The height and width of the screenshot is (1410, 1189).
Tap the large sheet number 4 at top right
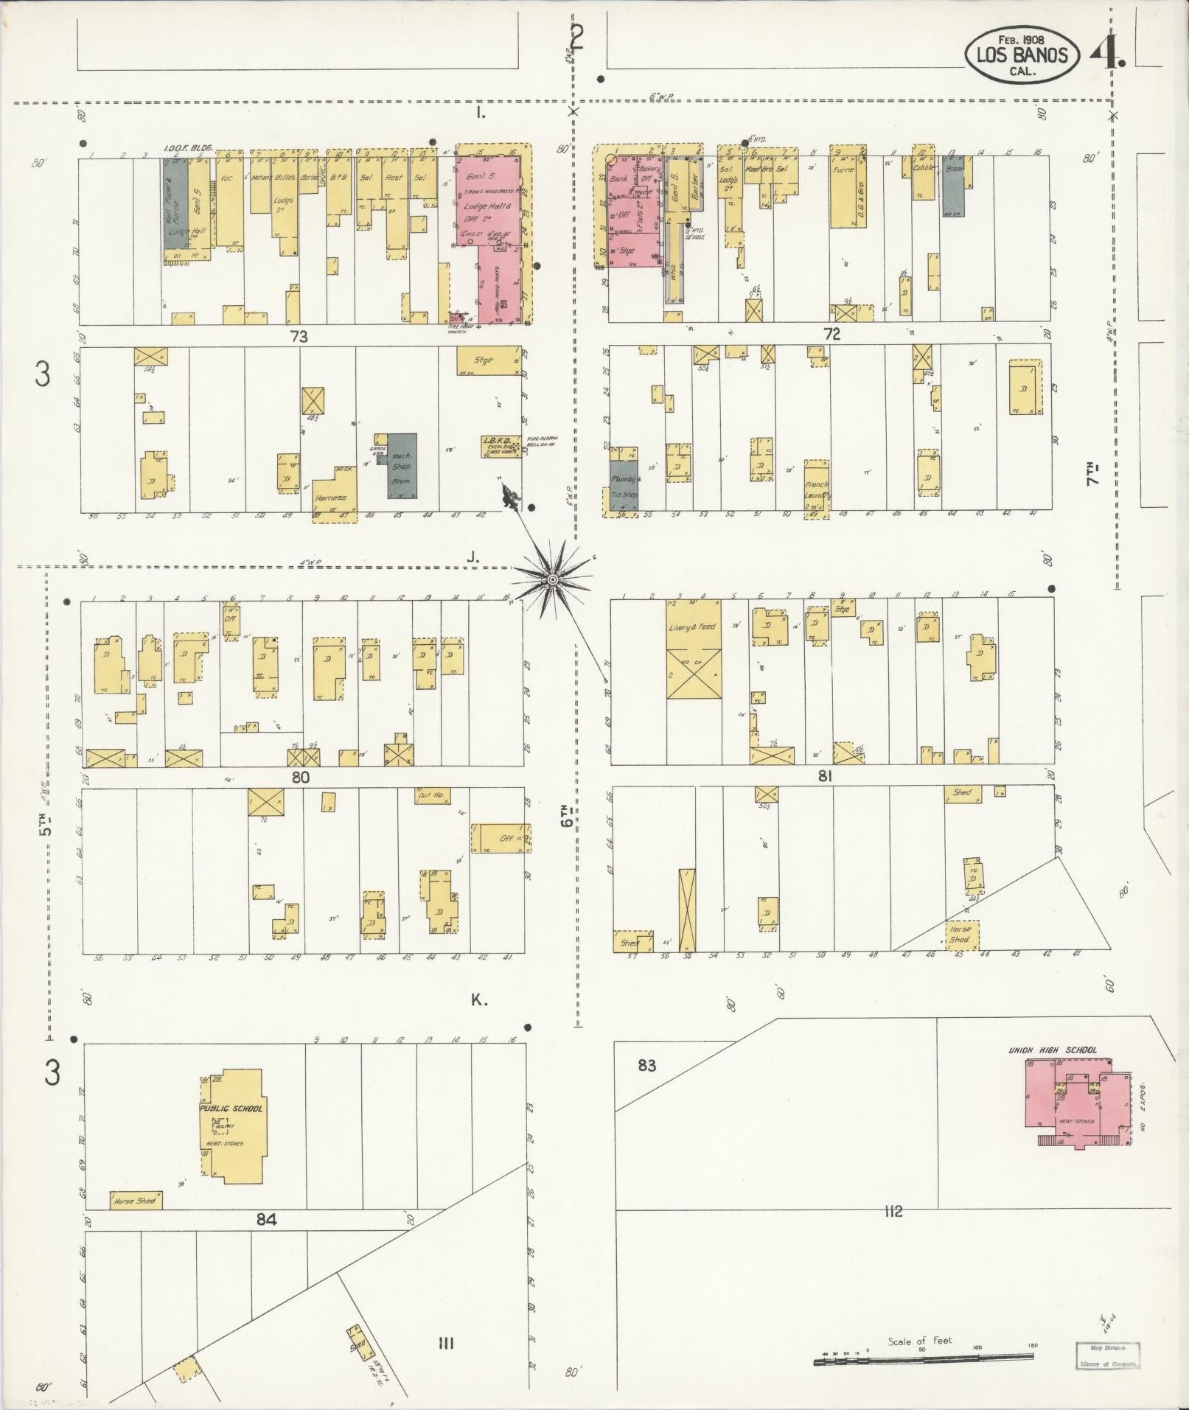coord(1105,53)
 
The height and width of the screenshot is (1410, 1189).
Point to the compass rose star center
coord(551,582)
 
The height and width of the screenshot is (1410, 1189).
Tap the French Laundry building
coord(816,488)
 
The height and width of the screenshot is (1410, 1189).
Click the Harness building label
coord(330,498)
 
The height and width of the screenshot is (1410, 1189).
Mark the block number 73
coord(299,337)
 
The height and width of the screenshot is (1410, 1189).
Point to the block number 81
coord(825,775)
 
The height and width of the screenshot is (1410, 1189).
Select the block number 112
coord(893,1212)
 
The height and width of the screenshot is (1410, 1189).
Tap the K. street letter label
coord(479,1000)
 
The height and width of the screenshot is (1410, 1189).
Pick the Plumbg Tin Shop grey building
coord(624,480)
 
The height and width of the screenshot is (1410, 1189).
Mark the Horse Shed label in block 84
coord(136,1201)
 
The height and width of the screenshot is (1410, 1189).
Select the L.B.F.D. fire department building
coord(502,447)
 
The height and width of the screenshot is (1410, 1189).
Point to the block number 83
coord(646,1064)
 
